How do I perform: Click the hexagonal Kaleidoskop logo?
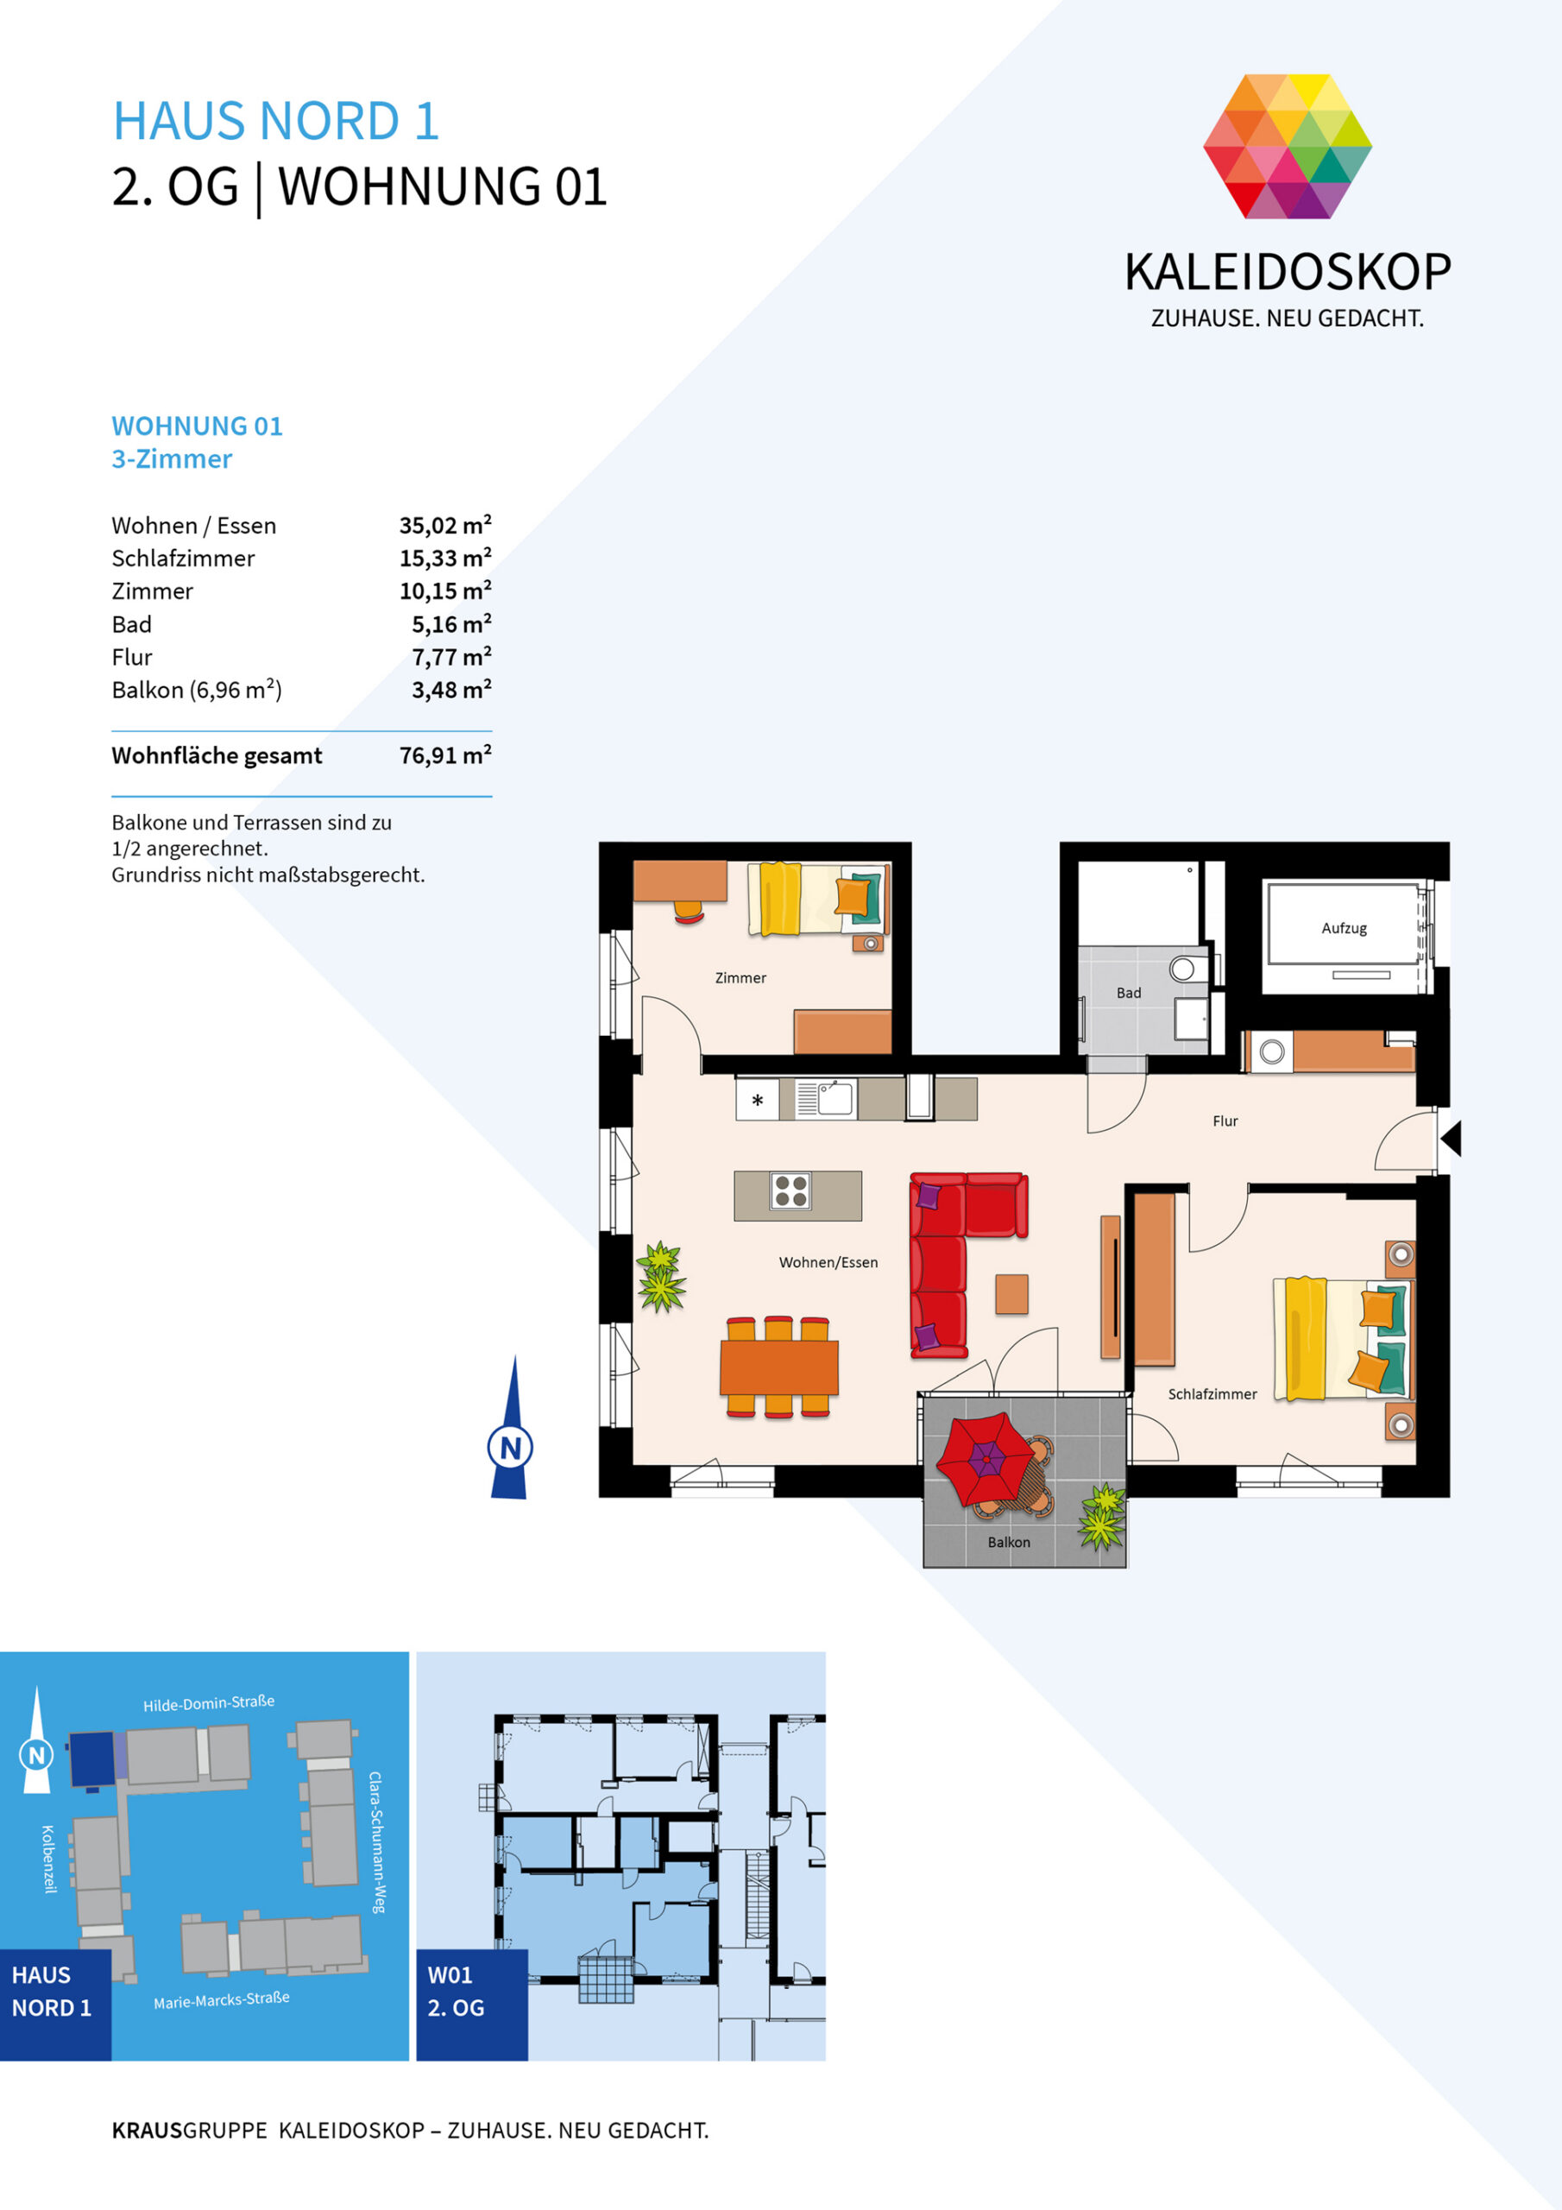pyautogui.click(x=1287, y=146)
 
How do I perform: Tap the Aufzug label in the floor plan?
pyautogui.click(x=1344, y=928)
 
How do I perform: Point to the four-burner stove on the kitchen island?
pyautogui.click(x=790, y=1190)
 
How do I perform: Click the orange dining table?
pyautogui.click(x=778, y=1367)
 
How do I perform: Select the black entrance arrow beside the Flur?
pyautogui.click(x=1451, y=1138)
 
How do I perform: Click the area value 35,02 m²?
pyautogui.click(x=444, y=525)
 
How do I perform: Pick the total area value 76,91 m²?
pyautogui.click(x=444, y=755)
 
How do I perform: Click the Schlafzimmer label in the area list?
pyautogui.click(x=183, y=559)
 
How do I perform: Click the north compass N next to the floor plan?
pyautogui.click(x=510, y=1447)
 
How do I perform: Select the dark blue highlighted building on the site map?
pyautogui.click(x=91, y=1759)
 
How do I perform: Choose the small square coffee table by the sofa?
pyautogui.click(x=1011, y=1294)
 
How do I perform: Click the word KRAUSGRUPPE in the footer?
pyautogui.click(x=190, y=2130)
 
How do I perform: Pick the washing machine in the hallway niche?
pyautogui.click(x=1271, y=1052)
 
